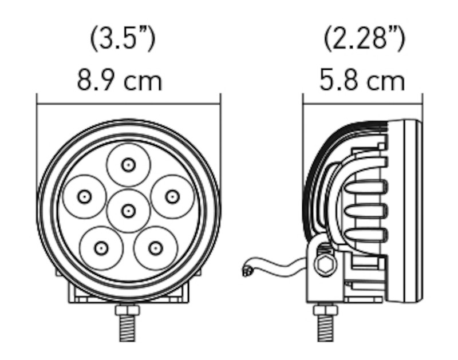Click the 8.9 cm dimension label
pyautogui.click(x=120, y=80)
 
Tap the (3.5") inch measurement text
pyautogui.click(x=123, y=39)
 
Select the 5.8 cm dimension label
pyautogui.click(x=362, y=80)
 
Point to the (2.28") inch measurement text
pyautogui.click(x=365, y=39)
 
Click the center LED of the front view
pyautogui.click(x=128, y=210)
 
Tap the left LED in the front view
pyautogui.click(x=85, y=196)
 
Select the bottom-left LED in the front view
pyautogui.click(x=101, y=248)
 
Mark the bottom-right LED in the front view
pyautogui.click(x=155, y=248)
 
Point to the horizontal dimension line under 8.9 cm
pyautogui.click(x=128, y=104)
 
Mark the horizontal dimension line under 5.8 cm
pyautogui.click(x=362, y=104)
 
